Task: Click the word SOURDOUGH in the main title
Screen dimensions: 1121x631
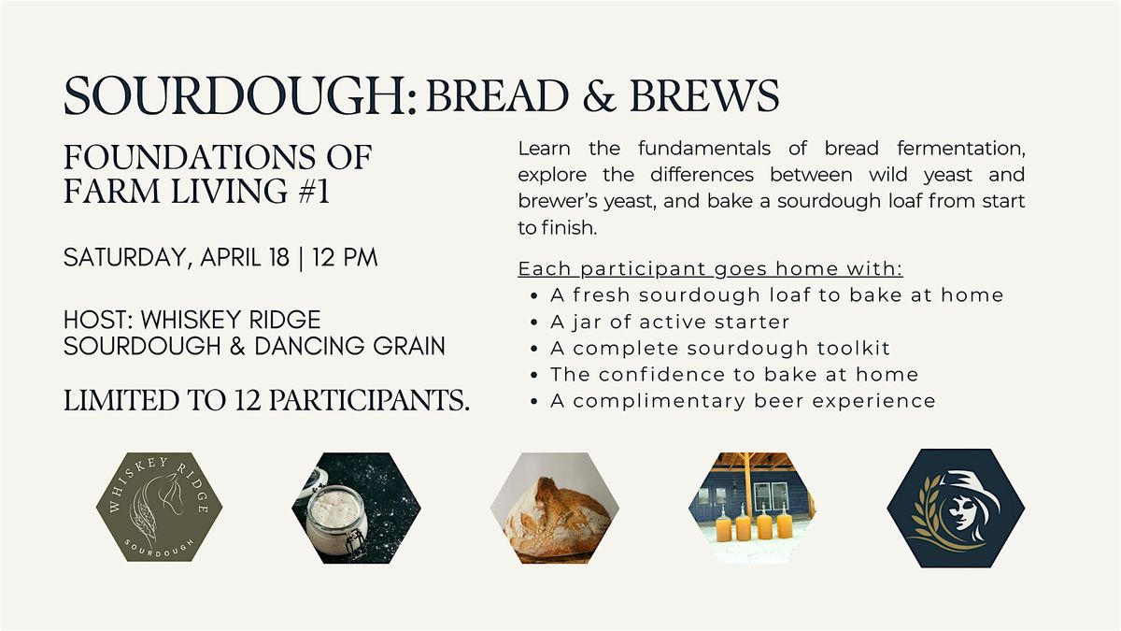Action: [x=234, y=95]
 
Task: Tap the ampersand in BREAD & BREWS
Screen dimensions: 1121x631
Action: [x=599, y=95]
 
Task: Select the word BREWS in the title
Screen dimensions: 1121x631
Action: [x=704, y=95]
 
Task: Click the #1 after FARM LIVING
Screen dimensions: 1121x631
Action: [x=314, y=191]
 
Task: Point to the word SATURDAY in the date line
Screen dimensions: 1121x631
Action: [x=124, y=258]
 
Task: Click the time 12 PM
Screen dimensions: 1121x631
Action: [x=345, y=257]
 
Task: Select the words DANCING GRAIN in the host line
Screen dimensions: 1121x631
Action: [x=349, y=346]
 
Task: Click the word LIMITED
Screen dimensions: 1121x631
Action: [x=121, y=401]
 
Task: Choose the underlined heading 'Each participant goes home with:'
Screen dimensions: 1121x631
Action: [x=710, y=269]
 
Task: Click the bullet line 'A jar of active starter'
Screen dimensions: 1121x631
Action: [x=670, y=322]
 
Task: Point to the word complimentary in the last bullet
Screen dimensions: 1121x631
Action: [x=659, y=401]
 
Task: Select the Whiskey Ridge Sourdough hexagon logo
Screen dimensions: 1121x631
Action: [x=159, y=507]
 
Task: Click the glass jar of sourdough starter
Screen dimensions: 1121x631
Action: [x=335, y=522]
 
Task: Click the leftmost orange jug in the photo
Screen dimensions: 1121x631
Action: [x=723, y=523]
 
